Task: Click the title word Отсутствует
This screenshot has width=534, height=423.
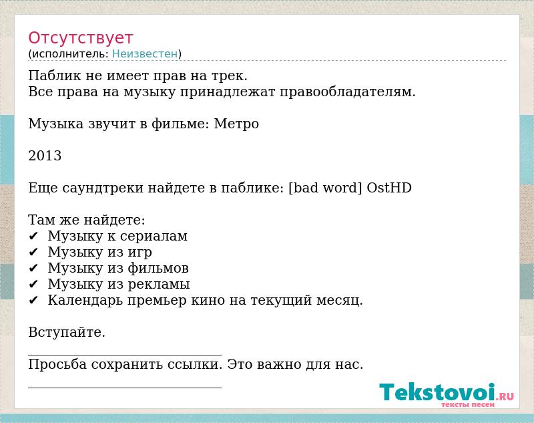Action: (80, 37)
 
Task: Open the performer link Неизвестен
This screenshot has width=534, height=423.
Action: (145, 53)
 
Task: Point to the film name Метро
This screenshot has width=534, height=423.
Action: (236, 124)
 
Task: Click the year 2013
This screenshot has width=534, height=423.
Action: (45, 156)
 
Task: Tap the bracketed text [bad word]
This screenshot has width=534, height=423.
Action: (325, 188)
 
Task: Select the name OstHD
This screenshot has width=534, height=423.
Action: (389, 188)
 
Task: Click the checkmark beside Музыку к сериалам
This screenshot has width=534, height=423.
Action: (33, 236)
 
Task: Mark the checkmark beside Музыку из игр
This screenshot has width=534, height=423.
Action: (33, 252)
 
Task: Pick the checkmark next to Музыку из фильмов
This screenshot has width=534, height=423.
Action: (33, 268)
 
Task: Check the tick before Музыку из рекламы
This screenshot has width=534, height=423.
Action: (33, 284)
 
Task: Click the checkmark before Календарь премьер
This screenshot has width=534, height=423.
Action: (33, 300)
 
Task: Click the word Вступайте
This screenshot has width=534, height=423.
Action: (66, 332)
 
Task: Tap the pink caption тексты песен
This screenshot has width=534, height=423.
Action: (468, 404)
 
